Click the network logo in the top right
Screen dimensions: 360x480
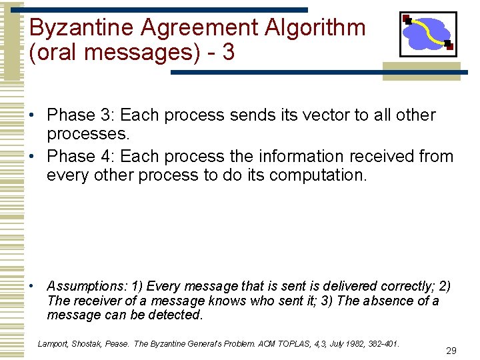(x=427, y=33)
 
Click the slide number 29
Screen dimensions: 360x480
(x=451, y=351)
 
